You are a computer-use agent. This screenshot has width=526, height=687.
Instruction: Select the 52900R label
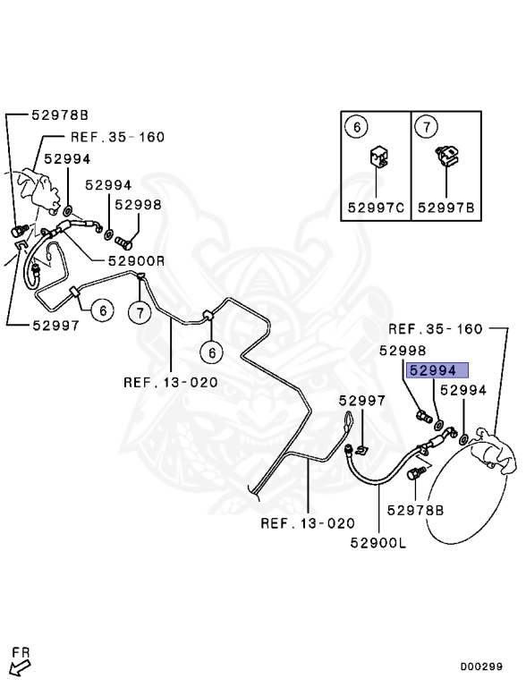click(136, 261)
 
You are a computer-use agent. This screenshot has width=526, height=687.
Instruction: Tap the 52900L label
click(378, 543)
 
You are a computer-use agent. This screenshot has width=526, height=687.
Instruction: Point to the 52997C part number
click(376, 208)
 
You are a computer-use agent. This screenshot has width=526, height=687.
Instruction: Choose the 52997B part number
click(445, 208)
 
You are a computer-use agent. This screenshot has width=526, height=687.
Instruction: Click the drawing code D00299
click(481, 666)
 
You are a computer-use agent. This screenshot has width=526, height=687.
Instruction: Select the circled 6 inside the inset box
click(356, 127)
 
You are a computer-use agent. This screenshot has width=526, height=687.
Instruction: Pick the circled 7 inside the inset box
click(427, 127)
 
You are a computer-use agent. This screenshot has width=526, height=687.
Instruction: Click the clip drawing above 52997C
click(378, 157)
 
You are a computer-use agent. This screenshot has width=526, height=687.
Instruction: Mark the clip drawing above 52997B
click(447, 156)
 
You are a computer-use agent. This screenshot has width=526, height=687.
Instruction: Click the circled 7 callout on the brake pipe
click(140, 313)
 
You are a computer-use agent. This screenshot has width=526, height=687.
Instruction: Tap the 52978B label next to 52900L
click(415, 511)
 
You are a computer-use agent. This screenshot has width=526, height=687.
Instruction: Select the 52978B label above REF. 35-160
click(60, 115)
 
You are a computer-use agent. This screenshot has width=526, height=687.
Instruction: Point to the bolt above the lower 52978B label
click(416, 474)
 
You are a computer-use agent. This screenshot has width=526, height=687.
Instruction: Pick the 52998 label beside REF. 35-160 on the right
click(403, 351)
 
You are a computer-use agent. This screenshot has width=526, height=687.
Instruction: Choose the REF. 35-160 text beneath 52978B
click(117, 137)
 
